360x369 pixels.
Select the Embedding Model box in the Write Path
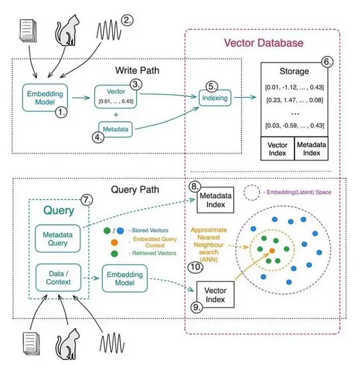[44, 98]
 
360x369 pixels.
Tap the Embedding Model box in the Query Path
[125, 279]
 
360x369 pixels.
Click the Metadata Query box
[58, 238]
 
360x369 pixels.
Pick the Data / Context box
[58, 278]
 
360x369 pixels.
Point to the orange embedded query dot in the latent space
[272, 251]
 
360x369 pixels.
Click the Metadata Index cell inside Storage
[311, 149]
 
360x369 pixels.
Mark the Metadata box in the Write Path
[116, 130]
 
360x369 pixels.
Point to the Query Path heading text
[135, 189]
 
